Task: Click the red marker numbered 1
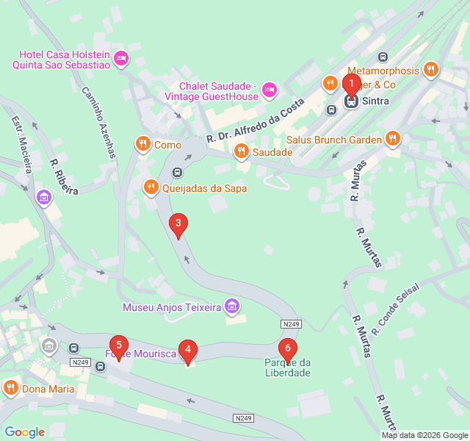351,83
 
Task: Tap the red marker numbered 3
178,224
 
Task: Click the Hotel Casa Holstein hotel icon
121,57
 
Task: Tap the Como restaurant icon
142,145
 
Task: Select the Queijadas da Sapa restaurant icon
151,187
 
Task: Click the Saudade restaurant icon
240,152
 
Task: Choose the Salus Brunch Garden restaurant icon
393,139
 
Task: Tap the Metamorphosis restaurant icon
431,71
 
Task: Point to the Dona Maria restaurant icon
10,388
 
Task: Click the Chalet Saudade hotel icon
270,90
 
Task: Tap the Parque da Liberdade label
288,367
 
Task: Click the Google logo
24,432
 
